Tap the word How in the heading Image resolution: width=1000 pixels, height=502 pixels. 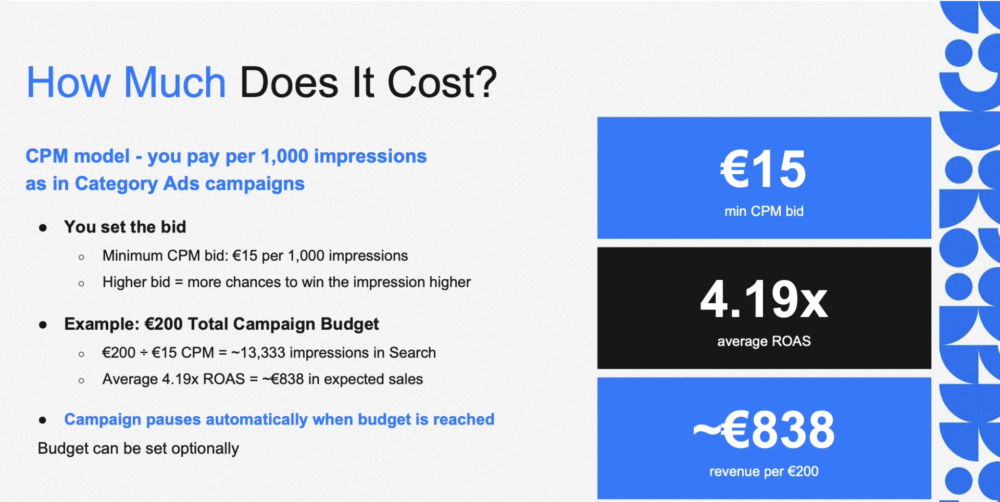(68, 82)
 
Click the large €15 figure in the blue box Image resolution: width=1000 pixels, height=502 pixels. (764, 169)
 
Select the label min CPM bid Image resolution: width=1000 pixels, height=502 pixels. (764, 211)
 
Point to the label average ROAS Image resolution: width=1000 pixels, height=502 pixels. (764, 341)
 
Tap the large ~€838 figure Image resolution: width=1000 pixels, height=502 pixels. (764, 430)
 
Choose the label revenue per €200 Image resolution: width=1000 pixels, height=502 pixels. (764, 471)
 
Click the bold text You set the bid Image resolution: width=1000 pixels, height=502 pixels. (125, 227)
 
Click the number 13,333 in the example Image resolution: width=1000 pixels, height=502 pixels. (263, 353)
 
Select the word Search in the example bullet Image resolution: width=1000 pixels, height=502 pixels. (413, 353)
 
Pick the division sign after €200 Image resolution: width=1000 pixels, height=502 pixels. (144, 353)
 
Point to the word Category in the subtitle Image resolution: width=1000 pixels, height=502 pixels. (116, 184)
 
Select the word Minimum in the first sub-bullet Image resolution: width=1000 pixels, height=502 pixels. (132, 255)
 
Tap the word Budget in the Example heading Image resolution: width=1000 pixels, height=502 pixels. (349, 324)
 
